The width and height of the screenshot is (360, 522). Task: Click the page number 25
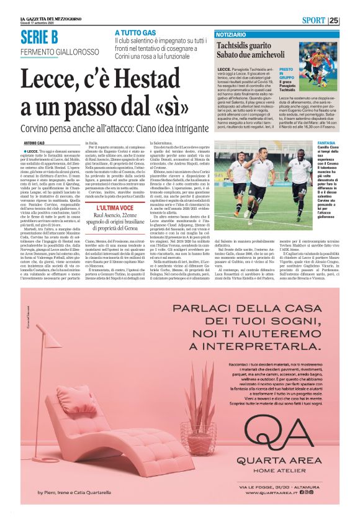point(351,20)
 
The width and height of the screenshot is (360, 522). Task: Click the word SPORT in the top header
point(326,20)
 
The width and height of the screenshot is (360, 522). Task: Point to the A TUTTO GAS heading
point(135,32)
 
